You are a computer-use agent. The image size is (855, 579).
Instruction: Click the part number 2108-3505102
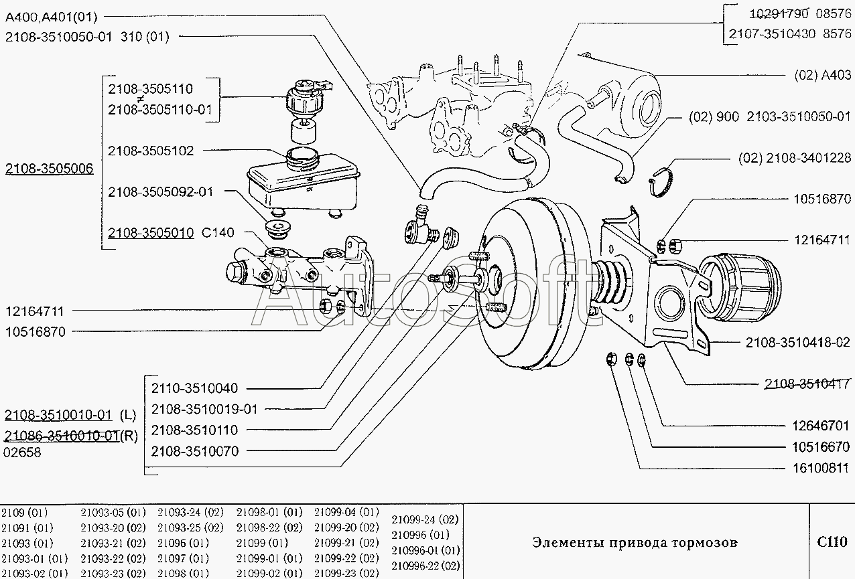pos(151,151)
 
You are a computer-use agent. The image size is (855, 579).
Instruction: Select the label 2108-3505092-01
pos(160,192)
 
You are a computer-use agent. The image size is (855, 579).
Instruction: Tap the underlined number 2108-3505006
pos(49,169)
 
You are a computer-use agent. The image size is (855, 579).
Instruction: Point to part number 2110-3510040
pos(195,388)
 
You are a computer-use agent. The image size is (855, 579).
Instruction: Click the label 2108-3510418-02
pos(798,343)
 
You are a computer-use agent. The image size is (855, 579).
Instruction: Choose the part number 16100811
pos(821,468)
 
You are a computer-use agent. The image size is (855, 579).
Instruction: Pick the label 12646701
pos(821,426)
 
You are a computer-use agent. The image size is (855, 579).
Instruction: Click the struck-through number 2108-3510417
pos(807,384)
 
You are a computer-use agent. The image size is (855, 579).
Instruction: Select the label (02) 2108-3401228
pos(795,158)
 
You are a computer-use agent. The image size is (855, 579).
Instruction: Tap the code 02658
pos(22,452)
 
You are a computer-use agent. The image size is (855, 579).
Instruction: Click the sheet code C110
pos(832,542)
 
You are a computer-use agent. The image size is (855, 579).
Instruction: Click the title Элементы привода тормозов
pos(635,542)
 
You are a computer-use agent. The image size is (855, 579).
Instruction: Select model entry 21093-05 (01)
pos(113,512)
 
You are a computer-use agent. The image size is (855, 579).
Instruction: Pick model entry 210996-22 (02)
pos(425,566)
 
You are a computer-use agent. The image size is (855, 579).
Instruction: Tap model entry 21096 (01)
pos(183,543)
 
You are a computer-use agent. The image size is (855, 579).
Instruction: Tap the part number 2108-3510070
pos(195,451)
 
